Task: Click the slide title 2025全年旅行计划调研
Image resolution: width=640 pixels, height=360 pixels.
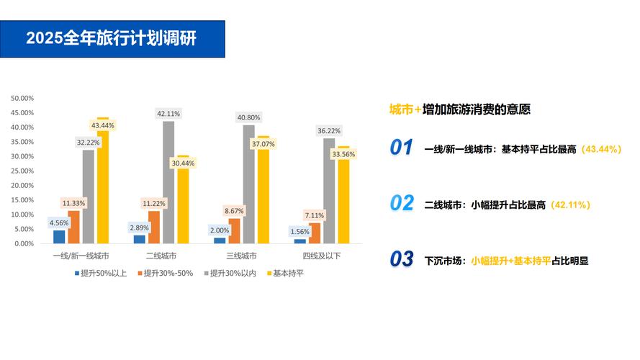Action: coord(112,38)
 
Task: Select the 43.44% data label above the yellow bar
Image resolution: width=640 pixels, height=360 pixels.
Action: coord(102,125)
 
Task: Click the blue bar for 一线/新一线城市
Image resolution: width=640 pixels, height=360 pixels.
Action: coord(59,237)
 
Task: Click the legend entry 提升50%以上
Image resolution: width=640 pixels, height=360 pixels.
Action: coord(104,274)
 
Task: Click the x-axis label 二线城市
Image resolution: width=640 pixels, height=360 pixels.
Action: coord(161,256)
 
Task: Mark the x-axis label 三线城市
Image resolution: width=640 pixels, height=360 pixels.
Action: coord(241,256)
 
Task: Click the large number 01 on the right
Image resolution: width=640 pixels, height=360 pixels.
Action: coord(401,148)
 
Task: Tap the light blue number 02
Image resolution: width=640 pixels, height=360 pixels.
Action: coord(401,204)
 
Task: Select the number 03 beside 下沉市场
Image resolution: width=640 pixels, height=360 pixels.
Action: coord(401,259)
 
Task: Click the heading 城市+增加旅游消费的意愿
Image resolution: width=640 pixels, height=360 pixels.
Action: coord(459,109)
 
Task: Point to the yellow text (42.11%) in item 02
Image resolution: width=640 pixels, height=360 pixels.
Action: coord(570,204)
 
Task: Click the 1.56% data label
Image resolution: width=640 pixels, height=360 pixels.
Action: coord(299,231)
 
